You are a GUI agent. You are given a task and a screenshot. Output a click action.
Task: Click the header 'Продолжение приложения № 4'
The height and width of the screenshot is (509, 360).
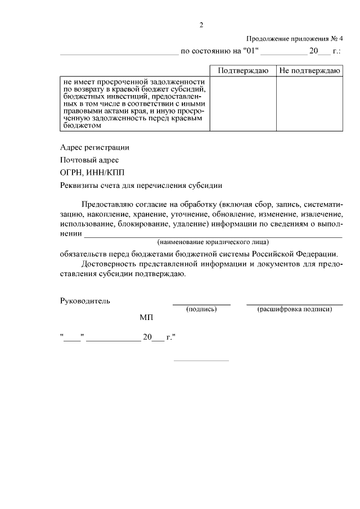coord(295,39)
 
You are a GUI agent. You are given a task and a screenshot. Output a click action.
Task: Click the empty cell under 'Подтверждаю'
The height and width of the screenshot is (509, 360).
coord(242,103)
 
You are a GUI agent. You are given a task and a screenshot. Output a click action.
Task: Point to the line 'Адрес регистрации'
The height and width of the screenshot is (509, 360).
coord(94,148)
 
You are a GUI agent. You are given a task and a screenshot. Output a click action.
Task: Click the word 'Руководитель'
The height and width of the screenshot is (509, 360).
coord(85,300)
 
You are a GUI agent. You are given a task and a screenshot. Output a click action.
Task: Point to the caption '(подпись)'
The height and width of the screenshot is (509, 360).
coord(201,309)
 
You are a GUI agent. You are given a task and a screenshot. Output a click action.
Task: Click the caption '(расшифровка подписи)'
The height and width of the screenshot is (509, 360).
coord(295,309)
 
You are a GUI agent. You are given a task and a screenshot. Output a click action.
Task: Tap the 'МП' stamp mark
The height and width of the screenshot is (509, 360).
coord(146,318)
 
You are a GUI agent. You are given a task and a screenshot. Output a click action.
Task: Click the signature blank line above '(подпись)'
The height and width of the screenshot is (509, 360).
coord(201,304)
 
